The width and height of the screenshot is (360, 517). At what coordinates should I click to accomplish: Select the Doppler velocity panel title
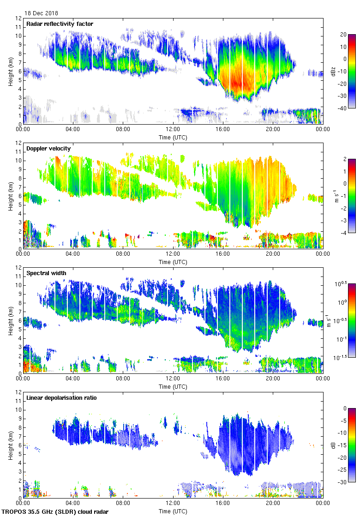(48, 149)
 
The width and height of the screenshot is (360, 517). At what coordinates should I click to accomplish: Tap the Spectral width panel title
(46, 273)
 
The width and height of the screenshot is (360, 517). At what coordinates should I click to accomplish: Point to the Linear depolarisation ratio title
(61, 398)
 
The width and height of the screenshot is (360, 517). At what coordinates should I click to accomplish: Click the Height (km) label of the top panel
(10, 71)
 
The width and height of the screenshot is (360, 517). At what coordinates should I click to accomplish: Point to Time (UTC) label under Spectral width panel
(173, 386)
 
